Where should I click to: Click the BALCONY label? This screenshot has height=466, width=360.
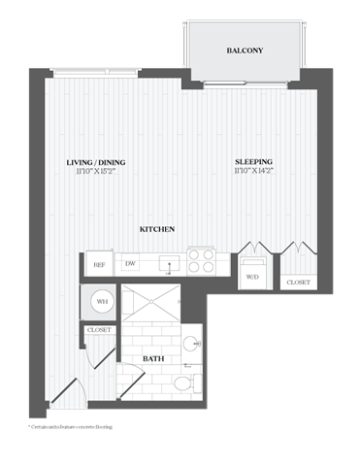(x=245, y=50)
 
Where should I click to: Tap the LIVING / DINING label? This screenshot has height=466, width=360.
(x=96, y=162)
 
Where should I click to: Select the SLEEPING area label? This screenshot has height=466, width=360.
(x=253, y=162)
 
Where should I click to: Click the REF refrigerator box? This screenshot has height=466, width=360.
(x=99, y=263)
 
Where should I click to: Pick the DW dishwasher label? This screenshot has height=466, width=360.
(x=130, y=263)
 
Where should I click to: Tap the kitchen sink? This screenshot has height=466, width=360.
(x=166, y=262)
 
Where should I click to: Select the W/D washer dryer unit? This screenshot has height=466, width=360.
(x=252, y=271)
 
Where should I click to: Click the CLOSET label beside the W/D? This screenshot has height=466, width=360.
(x=298, y=283)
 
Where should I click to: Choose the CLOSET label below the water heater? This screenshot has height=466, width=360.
(x=100, y=330)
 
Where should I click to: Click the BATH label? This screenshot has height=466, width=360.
(x=153, y=359)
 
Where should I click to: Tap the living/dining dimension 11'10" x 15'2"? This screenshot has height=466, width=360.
(x=96, y=172)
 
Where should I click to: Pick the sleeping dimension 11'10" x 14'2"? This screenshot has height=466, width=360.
(x=253, y=172)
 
